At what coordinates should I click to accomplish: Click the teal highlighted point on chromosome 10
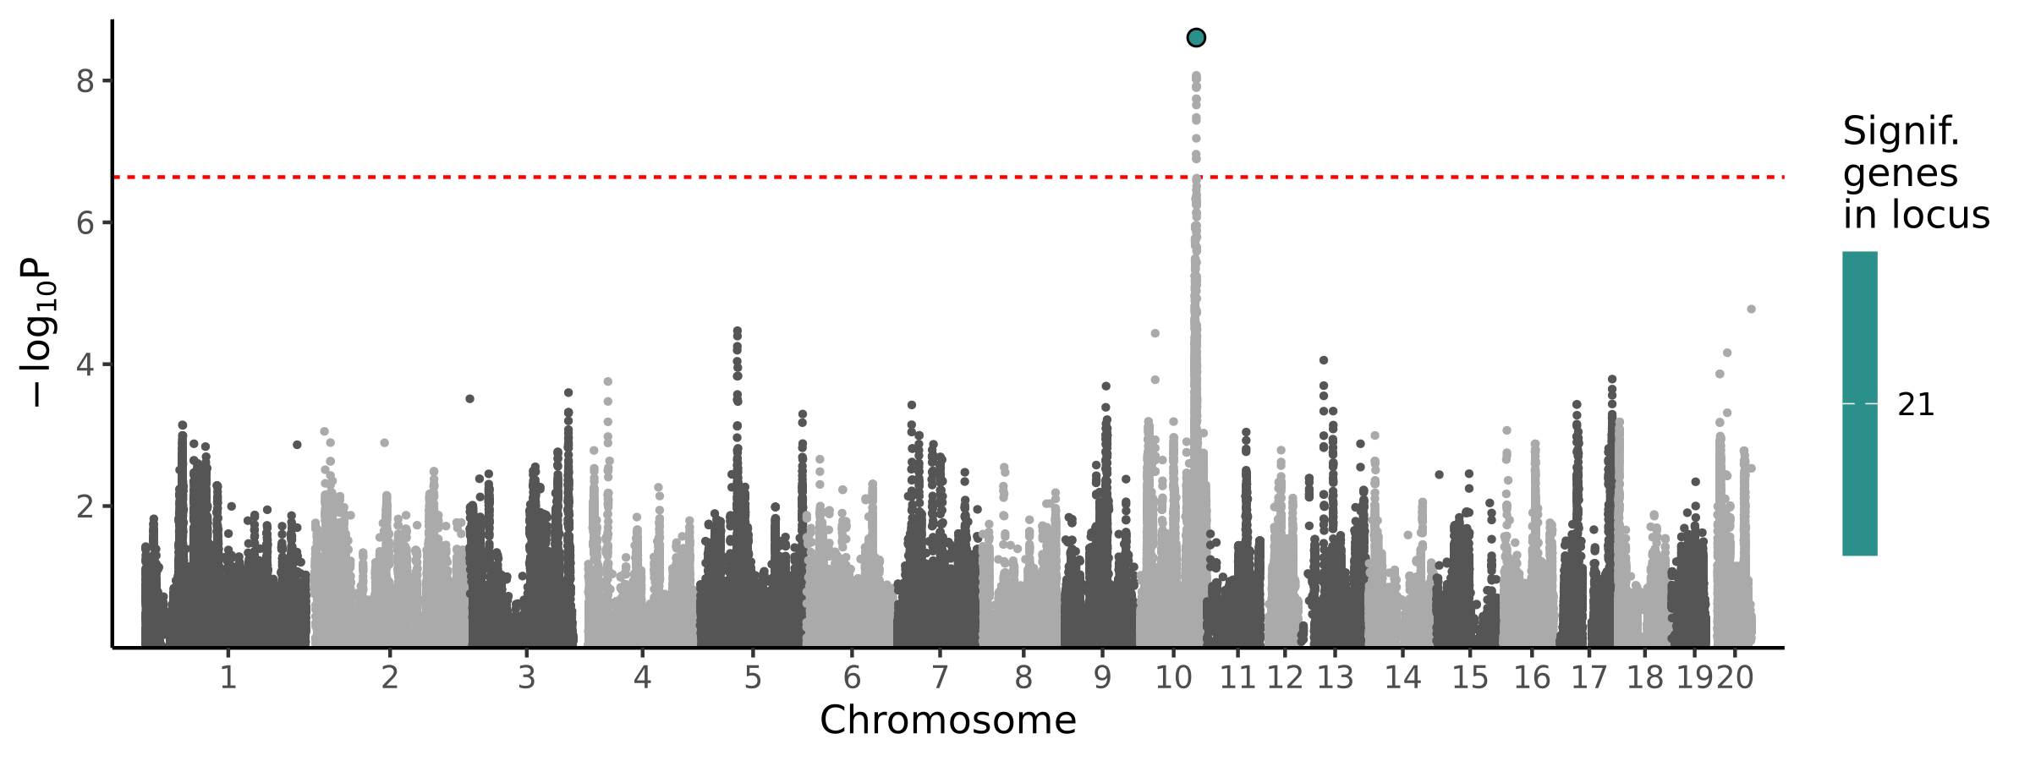click(x=1196, y=37)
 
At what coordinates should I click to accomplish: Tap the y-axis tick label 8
click(x=85, y=81)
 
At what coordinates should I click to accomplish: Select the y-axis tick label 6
click(x=85, y=223)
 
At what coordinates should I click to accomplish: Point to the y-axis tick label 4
click(x=85, y=365)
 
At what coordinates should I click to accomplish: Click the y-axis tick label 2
click(x=85, y=507)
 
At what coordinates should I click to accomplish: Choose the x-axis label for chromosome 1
click(x=228, y=678)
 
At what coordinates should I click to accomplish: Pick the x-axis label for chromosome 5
click(x=753, y=678)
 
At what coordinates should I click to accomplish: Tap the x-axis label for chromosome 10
click(x=1173, y=678)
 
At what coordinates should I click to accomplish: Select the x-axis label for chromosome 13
click(x=1335, y=678)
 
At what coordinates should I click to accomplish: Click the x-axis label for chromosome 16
click(x=1532, y=678)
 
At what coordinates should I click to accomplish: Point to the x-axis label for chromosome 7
click(x=940, y=678)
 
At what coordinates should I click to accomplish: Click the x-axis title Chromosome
click(x=947, y=721)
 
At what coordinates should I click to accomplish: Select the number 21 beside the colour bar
click(x=1916, y=406)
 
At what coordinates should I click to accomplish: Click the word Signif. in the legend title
click(x=1901, y=132)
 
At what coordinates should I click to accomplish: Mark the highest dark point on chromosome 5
click(x=738, y=331)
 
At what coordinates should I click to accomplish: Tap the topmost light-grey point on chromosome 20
click(x=1751, y=309)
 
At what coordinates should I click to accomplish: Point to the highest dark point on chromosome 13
click(x=1324, y=360)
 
